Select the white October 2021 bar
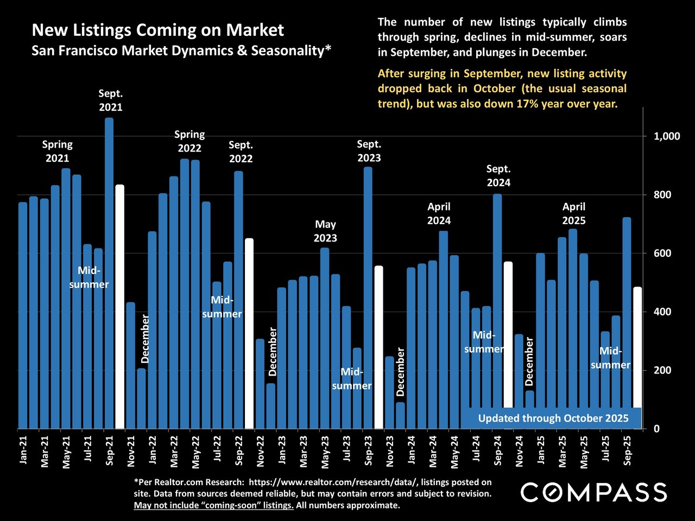tap(120, 307)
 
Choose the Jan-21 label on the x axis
tap(23, 450)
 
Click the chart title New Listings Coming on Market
tap(157, 30)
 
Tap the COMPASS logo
tap(593, 493)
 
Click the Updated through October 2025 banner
tap(553, 418)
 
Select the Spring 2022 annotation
tap(189, 141)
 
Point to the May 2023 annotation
tap(325, 231)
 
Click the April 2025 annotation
tap(573, 213)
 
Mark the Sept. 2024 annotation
tap(498, 175)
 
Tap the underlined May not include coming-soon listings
tap(213, 505)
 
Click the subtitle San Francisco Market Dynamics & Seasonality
tap(181, 50)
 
